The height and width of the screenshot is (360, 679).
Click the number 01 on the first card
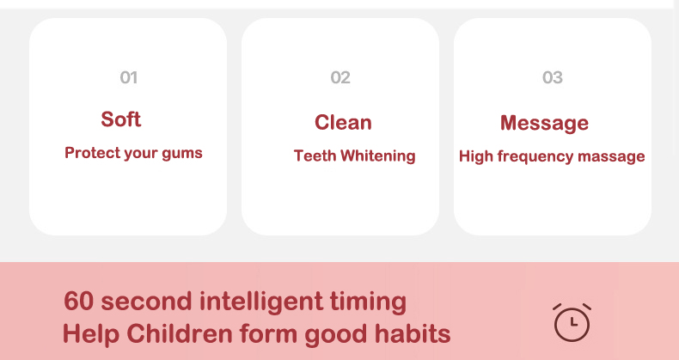(129, 78)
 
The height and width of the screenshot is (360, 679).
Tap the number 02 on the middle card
(340, 78)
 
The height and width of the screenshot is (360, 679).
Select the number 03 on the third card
(553, 78)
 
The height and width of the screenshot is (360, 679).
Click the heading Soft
(121, 119)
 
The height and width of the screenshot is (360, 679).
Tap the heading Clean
(343, 123)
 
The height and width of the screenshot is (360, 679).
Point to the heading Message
(544, 124)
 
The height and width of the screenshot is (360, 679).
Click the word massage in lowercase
(611, 156)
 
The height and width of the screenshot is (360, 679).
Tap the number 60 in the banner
(79, 301)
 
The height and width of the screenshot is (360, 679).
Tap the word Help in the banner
(91, 334)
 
